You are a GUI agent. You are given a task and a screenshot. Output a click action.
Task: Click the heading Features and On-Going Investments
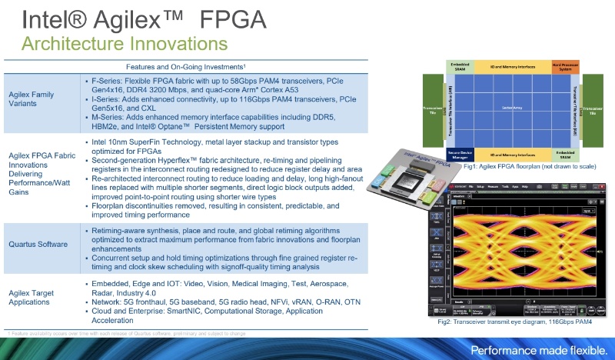coord(187,67)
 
